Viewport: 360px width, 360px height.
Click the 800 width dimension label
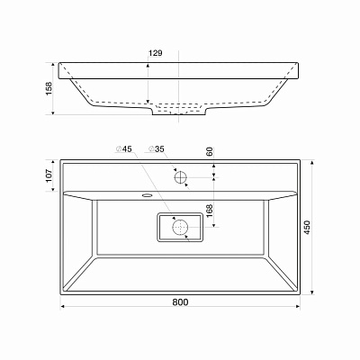pyautogui.click(x=180, y=301)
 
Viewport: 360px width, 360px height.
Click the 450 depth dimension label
pyautogui.click(x=309, y=228)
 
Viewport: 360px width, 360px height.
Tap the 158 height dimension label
pyautogui.click(x=49, y=88)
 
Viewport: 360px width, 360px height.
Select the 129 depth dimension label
pyautogui.click(x=156, y=53)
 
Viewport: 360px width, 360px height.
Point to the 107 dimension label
pyautogui.click(x=49, y=176)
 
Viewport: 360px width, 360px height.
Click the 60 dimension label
pyautogui.click(x=210, y=151)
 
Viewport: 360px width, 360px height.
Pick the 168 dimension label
pyautogui.click(x=210, y=211)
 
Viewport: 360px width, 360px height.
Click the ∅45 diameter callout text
pyautogui.click(x=124, y=148)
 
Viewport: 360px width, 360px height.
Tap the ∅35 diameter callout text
pyautogui.click(x=157, y=148)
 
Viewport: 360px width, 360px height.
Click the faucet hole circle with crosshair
pyautogui.click(x=181, y=177)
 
